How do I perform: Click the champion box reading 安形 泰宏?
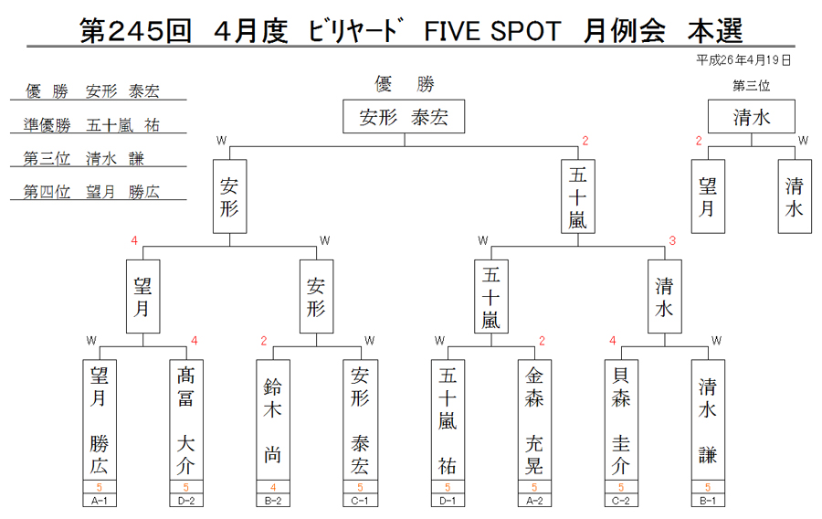404,116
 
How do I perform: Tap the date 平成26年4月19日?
743,60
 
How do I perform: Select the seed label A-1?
100,501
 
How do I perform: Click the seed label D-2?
186,501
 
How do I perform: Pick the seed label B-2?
273,501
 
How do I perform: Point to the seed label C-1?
360,501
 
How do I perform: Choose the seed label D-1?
448,501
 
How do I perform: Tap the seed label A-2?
534,501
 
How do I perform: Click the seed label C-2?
621,501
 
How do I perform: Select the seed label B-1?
708,501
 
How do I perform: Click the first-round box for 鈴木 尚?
273,420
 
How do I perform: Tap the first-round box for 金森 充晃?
534,420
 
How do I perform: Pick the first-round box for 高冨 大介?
186,420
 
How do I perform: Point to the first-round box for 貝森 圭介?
621,420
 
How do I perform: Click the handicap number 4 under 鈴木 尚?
273,488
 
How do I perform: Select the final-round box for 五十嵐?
578,196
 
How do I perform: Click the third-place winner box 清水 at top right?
752,116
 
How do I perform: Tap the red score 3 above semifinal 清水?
672,240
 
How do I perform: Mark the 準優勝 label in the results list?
47,125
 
